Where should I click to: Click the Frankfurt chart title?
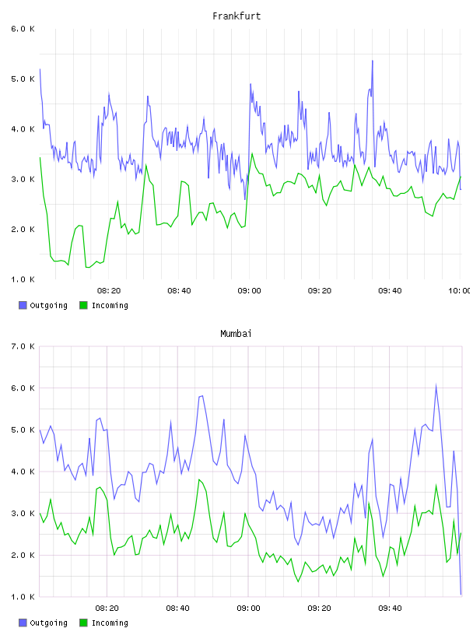[x=236, y=16]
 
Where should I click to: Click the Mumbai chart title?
[x=236, y=333]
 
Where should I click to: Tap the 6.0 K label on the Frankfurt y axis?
[x=23, y=29]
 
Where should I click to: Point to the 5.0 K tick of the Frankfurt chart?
[x=23, y=79]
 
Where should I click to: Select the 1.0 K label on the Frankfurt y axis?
[x=23, y=279]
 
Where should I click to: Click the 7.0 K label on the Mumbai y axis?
[x=23, y=346]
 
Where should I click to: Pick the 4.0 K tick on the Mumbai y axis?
[x=23, y=472]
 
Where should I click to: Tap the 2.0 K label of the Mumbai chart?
[x=23, y=555]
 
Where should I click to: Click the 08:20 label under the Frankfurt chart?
[x=109, y=290]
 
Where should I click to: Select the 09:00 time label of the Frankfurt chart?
[x=250, y=290]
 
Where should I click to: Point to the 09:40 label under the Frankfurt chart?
[x=390, y=290]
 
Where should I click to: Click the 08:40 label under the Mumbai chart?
[x=178, y=608]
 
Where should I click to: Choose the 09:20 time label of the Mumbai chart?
[x=319, y=608]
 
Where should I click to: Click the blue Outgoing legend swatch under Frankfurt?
[x=23, y=305]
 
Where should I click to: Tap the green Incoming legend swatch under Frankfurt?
[x=83, y=305]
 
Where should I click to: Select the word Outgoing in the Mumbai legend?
[x=48, y=623]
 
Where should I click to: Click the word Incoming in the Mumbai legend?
[x=110, y=623]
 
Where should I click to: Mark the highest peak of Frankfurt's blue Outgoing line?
[x=372, y=61]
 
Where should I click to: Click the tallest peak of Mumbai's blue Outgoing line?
[x=436, y=384]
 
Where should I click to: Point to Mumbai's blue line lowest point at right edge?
[x=461, y=595]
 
